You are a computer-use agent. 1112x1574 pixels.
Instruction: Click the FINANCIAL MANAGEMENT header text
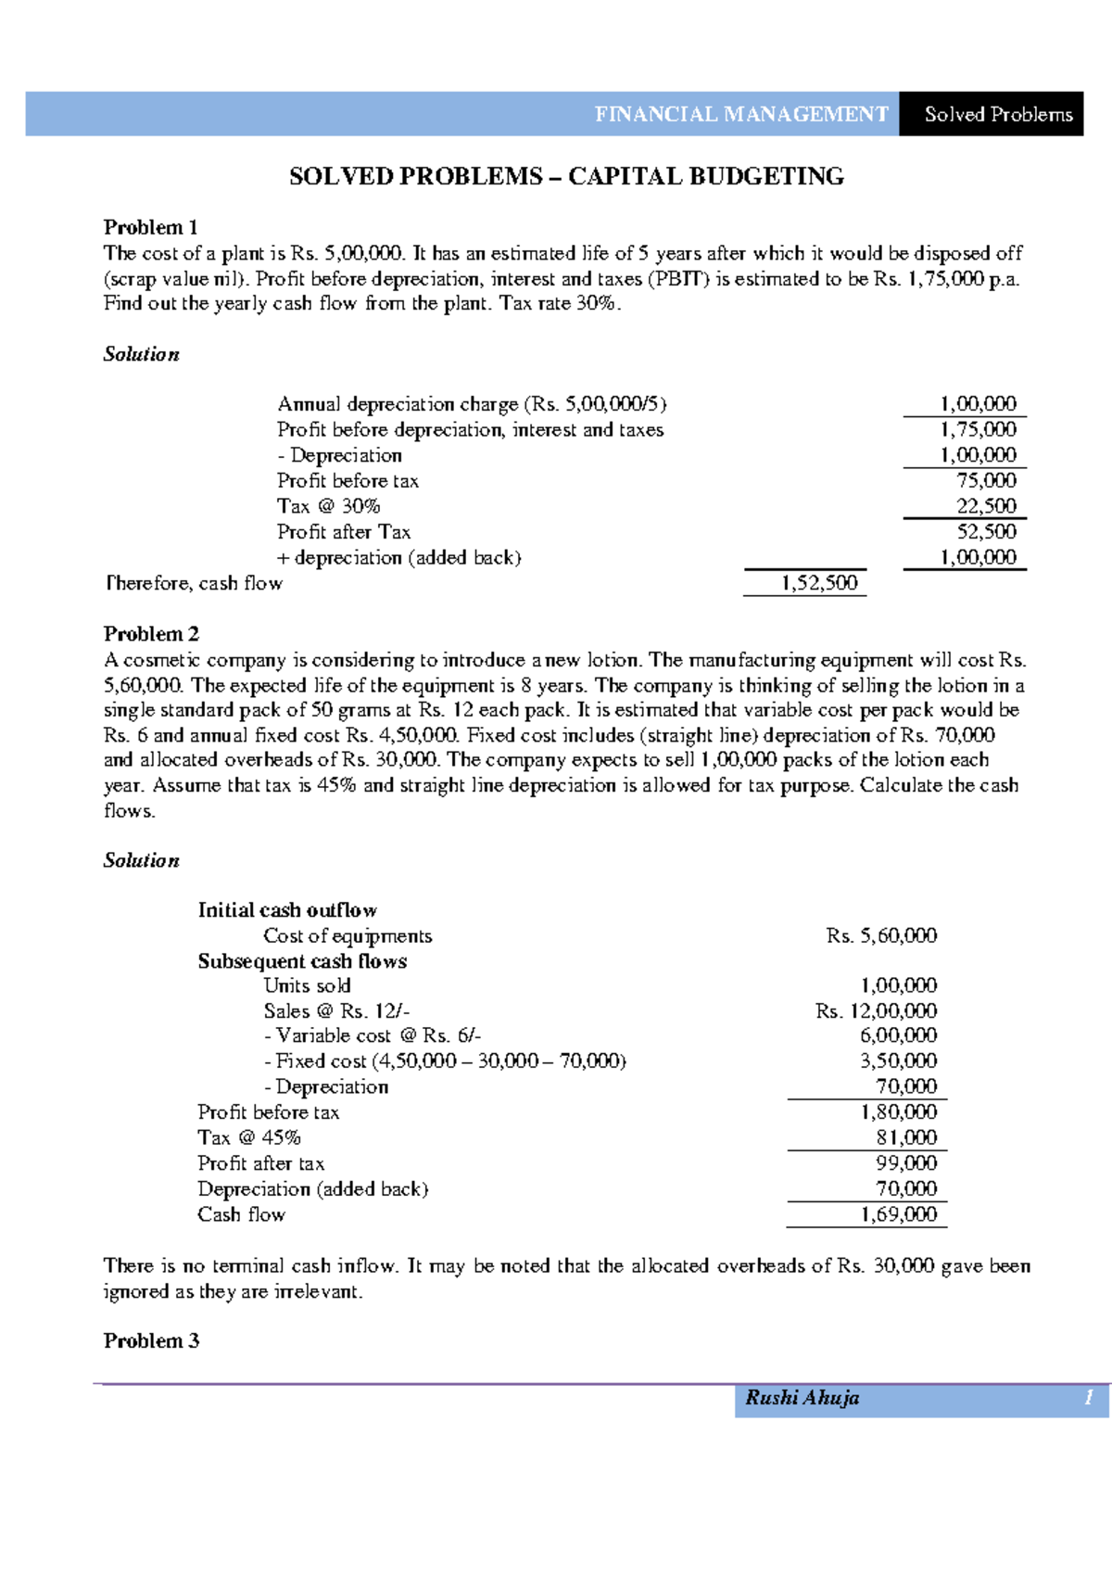tap(741, 114)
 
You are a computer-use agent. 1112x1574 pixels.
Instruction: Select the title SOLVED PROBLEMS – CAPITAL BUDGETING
tap(566, 176)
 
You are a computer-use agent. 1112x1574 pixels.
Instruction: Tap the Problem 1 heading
tap(150, 227)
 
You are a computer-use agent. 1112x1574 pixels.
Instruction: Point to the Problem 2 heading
tap(151, 634)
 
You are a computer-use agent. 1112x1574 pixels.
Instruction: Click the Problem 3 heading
tap(151, 1340)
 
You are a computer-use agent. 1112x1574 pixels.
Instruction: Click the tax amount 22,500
tap(986, 506)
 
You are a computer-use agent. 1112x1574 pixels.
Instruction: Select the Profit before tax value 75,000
tap(986, 480)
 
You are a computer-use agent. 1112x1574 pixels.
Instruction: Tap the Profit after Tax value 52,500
tap(986, 531)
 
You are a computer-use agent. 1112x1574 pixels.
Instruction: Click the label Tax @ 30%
tap(329, 506)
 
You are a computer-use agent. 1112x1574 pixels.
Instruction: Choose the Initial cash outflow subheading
tap(287, 910)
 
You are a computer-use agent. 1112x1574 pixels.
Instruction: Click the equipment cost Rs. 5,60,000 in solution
tap(881, 935)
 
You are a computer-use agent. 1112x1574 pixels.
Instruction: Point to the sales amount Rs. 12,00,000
tap(876, 1010)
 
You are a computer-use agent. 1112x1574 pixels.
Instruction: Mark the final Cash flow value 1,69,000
tap(898, 1214)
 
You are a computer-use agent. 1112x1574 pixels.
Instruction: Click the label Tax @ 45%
tap(249, 1137)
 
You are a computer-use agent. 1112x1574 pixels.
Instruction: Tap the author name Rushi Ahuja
tap(802, 1398)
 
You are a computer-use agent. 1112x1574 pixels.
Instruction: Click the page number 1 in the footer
tap(1090, 1398)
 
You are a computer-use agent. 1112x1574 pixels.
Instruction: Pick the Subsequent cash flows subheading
tap(302, 961)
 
